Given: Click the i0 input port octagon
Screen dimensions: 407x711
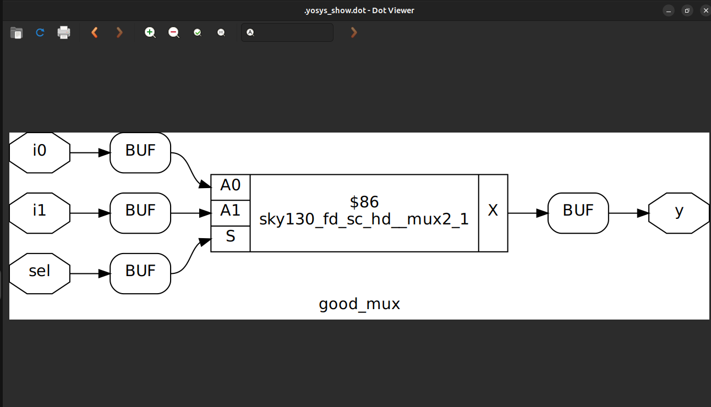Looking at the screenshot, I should coord(40,152).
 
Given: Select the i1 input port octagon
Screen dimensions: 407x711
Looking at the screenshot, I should coord(40,213).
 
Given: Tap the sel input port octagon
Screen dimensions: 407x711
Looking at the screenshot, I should coord(40,273).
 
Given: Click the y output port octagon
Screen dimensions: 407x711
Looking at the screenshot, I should coord(679,213).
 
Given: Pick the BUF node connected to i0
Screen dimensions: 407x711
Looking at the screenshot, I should coord(140,152).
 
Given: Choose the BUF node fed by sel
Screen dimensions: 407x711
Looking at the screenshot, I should coord(140,273).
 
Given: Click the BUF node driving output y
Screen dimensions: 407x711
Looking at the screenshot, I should coord(578,213).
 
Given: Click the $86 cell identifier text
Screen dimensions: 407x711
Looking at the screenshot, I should coord(364,202).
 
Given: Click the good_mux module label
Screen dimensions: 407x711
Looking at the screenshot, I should coord(359,304).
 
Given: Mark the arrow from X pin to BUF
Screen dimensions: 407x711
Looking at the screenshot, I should coord(528,213).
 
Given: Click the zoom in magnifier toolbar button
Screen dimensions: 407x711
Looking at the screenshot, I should coord(150,32).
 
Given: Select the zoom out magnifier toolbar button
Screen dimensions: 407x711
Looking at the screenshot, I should coord(174,32).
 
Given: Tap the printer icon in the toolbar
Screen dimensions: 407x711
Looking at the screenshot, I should coord(64,32).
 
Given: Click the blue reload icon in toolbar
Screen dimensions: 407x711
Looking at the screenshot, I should coord(40,32).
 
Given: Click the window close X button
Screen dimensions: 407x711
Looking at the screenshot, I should coord(705,10).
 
